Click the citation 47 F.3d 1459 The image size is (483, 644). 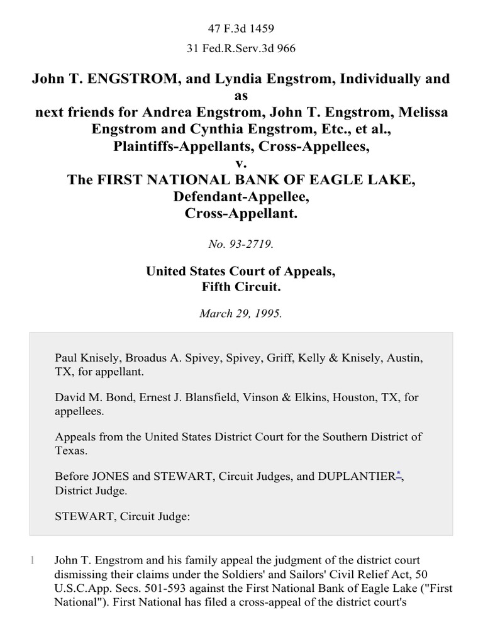pyautogui.click(x=241, y=28)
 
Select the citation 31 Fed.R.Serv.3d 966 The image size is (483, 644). pyautogui.click(x=241, y=48)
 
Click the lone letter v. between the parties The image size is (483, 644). pyautogui.click(x=241, y=163)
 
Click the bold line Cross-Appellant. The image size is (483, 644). pyautogui.click(x=241, y=213)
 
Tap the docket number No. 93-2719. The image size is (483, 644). pyautogui.click(x=241, y=245)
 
